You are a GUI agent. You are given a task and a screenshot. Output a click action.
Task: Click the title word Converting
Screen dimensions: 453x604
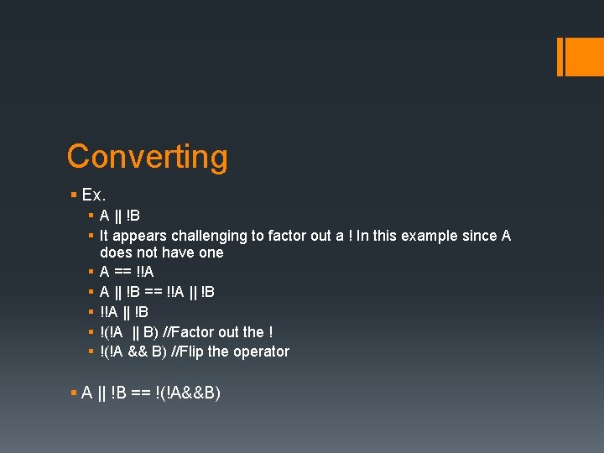point(147,157)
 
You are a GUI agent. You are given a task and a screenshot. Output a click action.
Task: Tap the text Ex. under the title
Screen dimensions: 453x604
point(94,195)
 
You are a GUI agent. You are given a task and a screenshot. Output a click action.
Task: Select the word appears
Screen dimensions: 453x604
point(138,236)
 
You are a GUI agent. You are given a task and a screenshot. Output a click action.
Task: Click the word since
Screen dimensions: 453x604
point(478,236)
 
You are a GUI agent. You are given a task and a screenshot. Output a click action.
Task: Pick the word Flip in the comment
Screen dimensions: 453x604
point(190,351)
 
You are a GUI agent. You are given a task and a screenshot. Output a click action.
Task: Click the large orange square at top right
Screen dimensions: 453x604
point(584,57)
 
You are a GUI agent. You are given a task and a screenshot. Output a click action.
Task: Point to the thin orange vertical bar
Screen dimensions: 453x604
point(560,57)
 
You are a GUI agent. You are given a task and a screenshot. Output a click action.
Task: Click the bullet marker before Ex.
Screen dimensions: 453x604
point(74,195)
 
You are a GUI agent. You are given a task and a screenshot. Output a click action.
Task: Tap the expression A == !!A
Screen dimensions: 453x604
point(127,272)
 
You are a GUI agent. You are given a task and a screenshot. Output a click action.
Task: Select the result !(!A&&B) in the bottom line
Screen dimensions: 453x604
point(188,393)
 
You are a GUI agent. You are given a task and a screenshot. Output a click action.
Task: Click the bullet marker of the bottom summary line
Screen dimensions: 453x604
point(74,393)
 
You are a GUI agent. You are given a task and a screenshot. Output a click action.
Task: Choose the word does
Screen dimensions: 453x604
point(116,253)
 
